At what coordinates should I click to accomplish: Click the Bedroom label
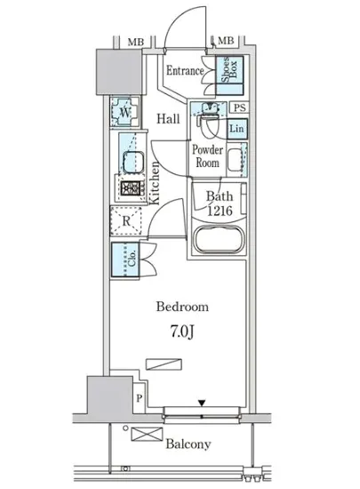(182, 307)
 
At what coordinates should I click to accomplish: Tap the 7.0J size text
(182, 332)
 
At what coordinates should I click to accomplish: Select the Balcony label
(188, 444)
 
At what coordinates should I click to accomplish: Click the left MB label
(136, 42)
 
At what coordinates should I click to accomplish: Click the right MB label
(226, 41)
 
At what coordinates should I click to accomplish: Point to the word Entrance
(185, 71)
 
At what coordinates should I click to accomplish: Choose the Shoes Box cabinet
(229, 76)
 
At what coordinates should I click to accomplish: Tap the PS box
(239, 108)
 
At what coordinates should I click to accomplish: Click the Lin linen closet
(236, 129)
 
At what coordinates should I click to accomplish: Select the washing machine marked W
(124, 112)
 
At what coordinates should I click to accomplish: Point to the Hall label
(168, 119)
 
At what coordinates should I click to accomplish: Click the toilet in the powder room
(208, 120)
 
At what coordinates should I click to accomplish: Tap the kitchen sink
(134, 162)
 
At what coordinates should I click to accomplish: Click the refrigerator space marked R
(126, 220)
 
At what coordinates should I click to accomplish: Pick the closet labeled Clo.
(126, 260)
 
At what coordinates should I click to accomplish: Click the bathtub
(219, 238)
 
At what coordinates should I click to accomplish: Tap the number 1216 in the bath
(220, 211)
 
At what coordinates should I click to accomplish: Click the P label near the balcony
(140, 398)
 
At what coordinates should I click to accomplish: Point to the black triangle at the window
(202, 403)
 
